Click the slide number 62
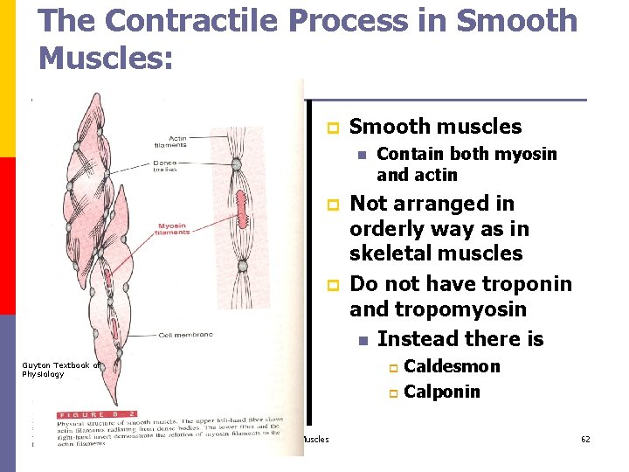click(x=585, y=439)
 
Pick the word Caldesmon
click(x=453, y=366)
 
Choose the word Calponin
click(x=442, y=392)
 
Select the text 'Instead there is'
click(x=460, y=338)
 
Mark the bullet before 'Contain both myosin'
click(x=359, y=155)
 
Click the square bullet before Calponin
click(x=393, y=392)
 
